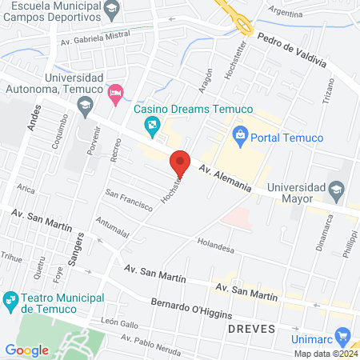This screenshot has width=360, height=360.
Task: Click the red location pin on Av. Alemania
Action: pos(180,162)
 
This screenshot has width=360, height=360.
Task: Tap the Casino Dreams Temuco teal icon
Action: pos(151,126)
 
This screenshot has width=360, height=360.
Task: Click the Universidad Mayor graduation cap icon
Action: pos(336,189)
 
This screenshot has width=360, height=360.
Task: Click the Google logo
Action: pos(26,350)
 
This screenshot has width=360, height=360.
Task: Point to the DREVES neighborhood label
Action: pos(251,329)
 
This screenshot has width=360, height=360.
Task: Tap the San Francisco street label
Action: pos(129,199)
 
